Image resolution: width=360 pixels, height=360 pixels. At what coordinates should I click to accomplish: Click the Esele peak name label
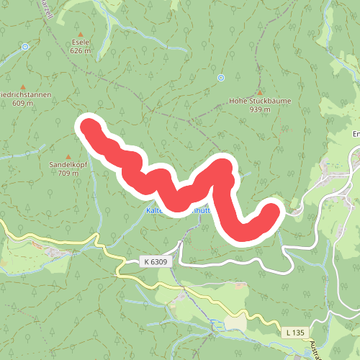tap(80, 42)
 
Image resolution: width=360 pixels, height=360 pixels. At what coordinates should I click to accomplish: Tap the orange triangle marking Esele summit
tap(80, 34)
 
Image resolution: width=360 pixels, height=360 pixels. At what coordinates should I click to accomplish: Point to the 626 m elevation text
tap(80, 51)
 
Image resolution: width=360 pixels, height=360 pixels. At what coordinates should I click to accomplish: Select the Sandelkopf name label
tap(68, 165)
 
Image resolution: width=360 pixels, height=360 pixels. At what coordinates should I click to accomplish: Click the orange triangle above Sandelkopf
tap(68, 156)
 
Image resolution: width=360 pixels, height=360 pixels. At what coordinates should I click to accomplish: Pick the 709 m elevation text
tap(68, 174)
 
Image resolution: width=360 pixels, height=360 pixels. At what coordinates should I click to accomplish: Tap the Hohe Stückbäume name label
tap(260, 101)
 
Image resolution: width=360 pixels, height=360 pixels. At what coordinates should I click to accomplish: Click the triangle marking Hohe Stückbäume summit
tap(260, 92)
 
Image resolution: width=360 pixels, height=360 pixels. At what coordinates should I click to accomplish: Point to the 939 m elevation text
tap(260, 109)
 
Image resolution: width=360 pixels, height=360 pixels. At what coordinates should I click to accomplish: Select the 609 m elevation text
tap(22, 104)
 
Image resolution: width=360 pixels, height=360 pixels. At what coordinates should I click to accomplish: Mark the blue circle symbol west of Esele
tap(25, 47)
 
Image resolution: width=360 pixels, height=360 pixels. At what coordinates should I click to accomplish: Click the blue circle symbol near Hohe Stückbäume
tap(221, 77)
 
